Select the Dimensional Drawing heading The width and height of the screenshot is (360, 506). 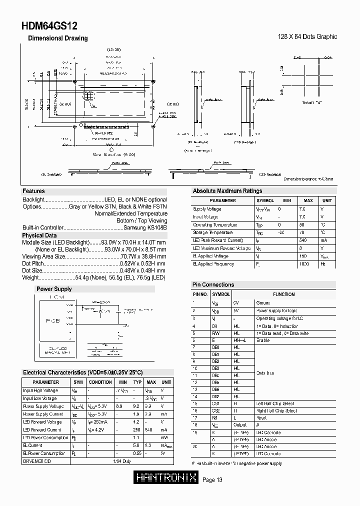coord(57,38)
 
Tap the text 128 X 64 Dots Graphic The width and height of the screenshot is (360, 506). coord(307,36)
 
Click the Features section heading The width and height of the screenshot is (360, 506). coord(33,191)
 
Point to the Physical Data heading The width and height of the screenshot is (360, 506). coord(39,235)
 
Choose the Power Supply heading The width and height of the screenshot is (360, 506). coord(54,289)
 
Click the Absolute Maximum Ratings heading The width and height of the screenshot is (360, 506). coord(227,191)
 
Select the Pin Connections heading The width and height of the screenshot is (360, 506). coord(213,284)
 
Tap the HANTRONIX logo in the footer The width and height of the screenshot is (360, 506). coord(167,478)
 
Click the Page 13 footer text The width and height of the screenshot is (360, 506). coord(212,480)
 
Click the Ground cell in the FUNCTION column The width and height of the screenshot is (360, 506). coord(263,302)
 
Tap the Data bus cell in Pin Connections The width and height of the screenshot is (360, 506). coord(265,373)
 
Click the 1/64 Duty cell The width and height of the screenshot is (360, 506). coord(123,461)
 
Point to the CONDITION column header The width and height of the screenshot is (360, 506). coord(100,382)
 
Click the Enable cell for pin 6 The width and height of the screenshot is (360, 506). coord(263,340)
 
